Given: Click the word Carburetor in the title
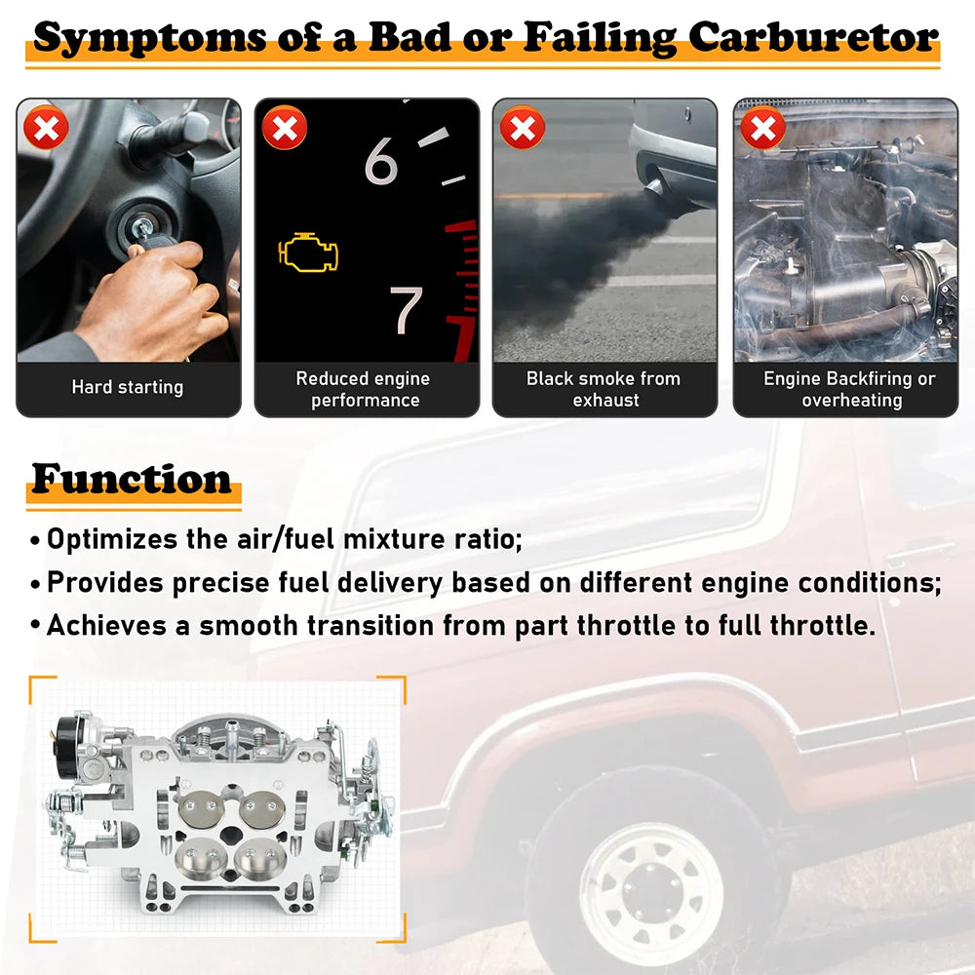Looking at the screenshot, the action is [x=813, y=38].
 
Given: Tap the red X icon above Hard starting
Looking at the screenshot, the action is [x=46, y=128].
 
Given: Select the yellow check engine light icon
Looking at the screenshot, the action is [x=308, y=253].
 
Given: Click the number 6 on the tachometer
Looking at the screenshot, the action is [x=380, y=161].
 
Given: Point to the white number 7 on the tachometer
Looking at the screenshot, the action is [x=406, y=310].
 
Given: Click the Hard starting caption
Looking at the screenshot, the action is [x=128, y=387].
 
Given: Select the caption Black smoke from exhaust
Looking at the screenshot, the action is [x=604, y=389].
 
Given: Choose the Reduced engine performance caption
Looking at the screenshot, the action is [x=364, y=389].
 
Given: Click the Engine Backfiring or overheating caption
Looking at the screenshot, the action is [x=850, y=389].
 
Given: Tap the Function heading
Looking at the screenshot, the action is [x=132, y=479].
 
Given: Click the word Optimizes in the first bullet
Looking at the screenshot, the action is [x=112, y=540].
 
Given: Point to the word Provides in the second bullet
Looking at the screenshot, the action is [x=105, y=583].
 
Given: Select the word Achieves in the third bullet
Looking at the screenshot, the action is [x=106, y=626].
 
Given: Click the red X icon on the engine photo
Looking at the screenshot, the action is [x=763, y=128].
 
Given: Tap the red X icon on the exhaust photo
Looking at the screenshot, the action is [x=523, y=128].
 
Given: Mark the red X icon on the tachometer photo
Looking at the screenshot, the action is [x=284, y=128].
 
